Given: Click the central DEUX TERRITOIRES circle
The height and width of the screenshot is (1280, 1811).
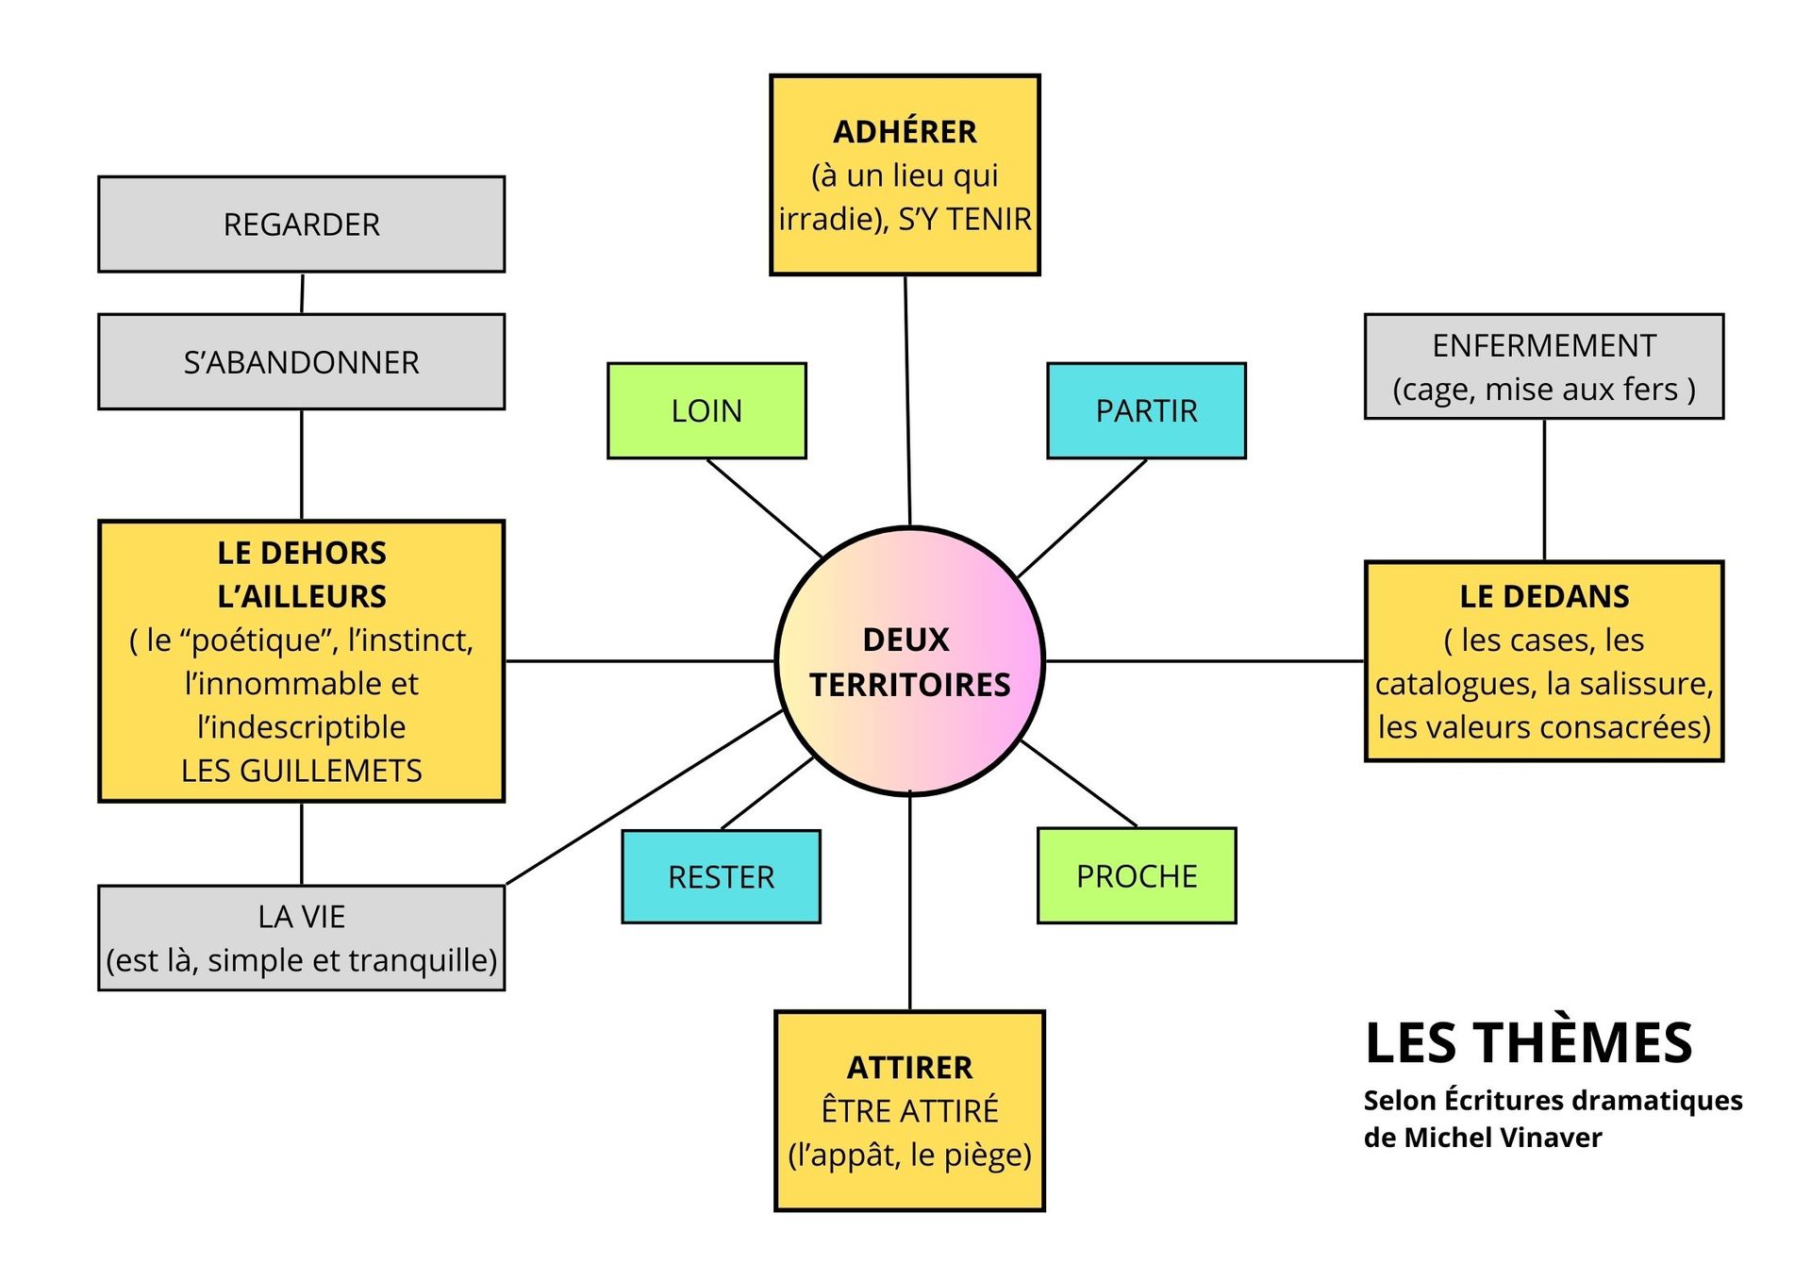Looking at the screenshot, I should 909,661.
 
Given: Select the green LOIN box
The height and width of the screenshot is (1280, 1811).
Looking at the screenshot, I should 706,411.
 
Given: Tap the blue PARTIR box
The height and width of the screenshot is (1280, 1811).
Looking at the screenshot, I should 1146,411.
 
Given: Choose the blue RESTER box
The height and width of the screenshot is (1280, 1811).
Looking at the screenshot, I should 721,877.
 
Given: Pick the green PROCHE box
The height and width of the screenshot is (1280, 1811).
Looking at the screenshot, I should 1137,876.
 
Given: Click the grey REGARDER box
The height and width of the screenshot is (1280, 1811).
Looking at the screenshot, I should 301,224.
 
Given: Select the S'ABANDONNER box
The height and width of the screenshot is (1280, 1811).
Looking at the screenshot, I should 301,362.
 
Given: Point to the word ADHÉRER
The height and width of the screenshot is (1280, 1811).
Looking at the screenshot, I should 905,132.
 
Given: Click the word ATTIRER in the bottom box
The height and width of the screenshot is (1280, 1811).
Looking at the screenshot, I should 909,1068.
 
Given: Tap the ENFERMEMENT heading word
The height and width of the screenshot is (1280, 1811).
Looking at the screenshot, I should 1544,346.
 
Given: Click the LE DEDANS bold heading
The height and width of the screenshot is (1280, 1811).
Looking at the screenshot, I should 1544,596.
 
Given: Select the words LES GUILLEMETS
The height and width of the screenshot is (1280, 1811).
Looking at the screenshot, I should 301,771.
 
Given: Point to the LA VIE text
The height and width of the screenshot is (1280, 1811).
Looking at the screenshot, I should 301,917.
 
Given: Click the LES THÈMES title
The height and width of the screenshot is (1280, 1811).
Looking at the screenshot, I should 1528,1043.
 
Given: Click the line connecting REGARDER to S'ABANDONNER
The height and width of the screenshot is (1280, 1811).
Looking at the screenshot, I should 302,293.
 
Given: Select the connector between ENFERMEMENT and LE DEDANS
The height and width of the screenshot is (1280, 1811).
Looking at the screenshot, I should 1544,490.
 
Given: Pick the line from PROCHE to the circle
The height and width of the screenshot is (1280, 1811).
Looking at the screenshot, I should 1078,784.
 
